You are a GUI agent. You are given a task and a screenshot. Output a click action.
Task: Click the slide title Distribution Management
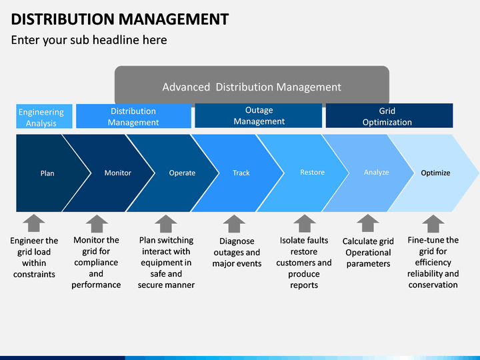pyautogui.click(x=120, y=19)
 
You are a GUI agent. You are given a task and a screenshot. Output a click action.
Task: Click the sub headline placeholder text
pyautogui.click(x=89, y=40)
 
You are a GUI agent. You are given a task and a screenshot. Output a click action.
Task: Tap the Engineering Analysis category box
pyautogui.click(x=44, y=116)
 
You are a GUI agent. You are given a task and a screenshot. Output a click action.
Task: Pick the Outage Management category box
pyautogui.click(x=259, y=116)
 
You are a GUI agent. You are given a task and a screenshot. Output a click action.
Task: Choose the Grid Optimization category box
pyautogui.click(x=389, y=116)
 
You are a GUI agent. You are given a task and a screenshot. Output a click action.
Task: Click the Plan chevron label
pyautogui.click(x=47, y=173)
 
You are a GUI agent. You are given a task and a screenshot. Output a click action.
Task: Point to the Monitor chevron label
pyautogui.click(x=118, y=173)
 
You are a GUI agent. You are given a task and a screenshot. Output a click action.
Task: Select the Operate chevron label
pyautogui.click(x=182, y=173)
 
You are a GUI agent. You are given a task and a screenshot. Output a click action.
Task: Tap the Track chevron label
pyautogui.click(x=241, y=173)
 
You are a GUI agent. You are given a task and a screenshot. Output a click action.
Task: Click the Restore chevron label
pyautogui.click(x=312, y=173)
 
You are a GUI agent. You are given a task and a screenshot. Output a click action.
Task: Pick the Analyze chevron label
pyautogui.click(x=376, y=173)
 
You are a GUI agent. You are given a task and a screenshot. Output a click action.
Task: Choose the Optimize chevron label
pyautogui.click(x=435, y=173)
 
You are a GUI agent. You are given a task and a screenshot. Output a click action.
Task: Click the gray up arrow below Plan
pyautogui.click(x=34, y=223)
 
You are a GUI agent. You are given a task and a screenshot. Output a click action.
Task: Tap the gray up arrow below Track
pyautogui.click(x=234, y=224)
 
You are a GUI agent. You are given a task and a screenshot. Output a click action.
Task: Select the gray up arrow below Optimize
pyautogui.click(x=433, y=224)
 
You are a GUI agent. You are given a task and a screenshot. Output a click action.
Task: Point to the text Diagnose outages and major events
pyautogui.click(x=237, y=253)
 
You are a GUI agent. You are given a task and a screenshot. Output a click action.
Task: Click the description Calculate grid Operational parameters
pyautogui.click(x=368, y=253)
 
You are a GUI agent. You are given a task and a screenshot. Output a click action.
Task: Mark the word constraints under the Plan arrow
pyautogui.click(x=34, y=274)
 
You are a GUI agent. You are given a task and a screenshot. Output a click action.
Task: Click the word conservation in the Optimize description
pyautogui.click(x=433, y=285)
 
